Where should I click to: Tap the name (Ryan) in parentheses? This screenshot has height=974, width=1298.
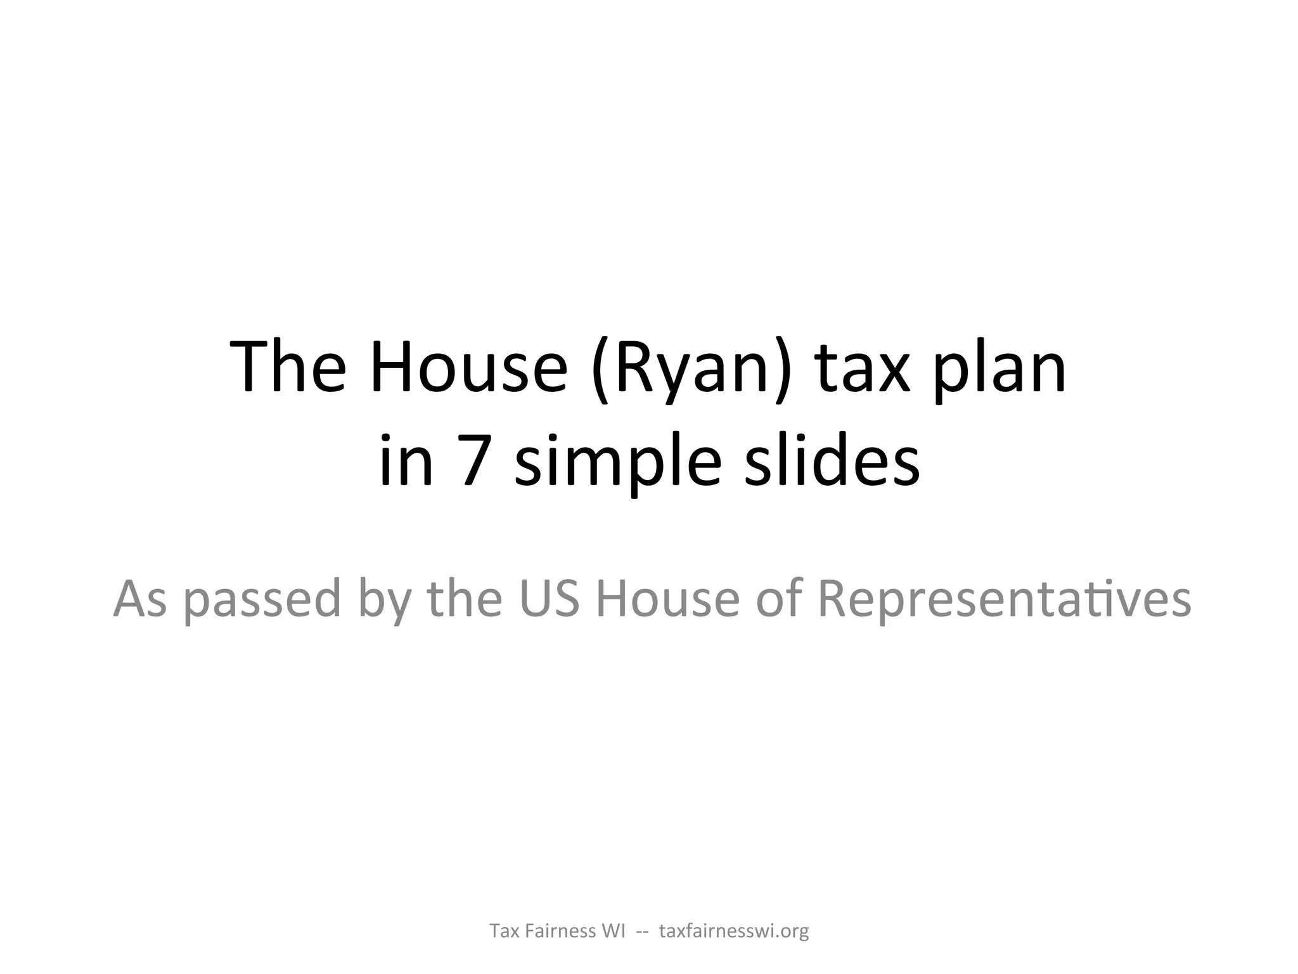[x=691, y=369]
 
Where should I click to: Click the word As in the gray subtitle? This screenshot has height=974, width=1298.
[x=140, y=599]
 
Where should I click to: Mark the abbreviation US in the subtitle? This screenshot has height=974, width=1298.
[x=549, y=599]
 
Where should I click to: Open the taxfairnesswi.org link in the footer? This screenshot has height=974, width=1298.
[x=734, y=932]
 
